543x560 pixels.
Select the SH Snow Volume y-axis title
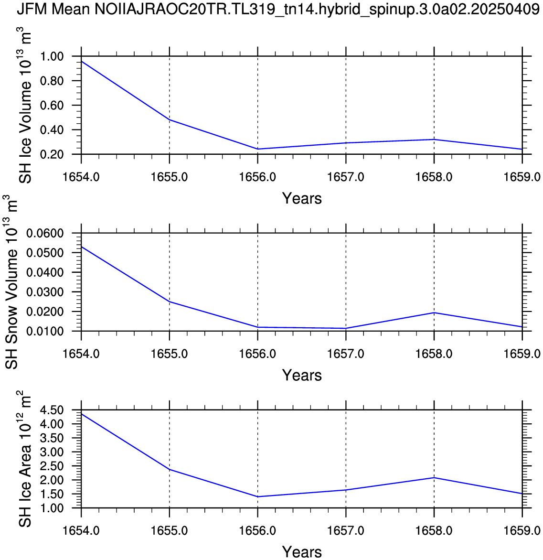pos(11,282)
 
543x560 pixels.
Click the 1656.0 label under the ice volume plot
pos(258,177)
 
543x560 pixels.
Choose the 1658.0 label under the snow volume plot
pos(434,354)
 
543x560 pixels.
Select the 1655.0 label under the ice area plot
pos(170,531)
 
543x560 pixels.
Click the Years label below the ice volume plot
pos(302,198)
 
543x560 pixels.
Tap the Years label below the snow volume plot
pos(302,375)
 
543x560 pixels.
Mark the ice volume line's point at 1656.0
pos(258,149)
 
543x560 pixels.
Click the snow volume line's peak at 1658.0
pos(434,312)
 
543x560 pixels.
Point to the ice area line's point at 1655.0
pos(170,470)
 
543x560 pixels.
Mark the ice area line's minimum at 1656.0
pos(258,497)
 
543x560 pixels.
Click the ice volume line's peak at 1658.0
pos(434,140)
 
